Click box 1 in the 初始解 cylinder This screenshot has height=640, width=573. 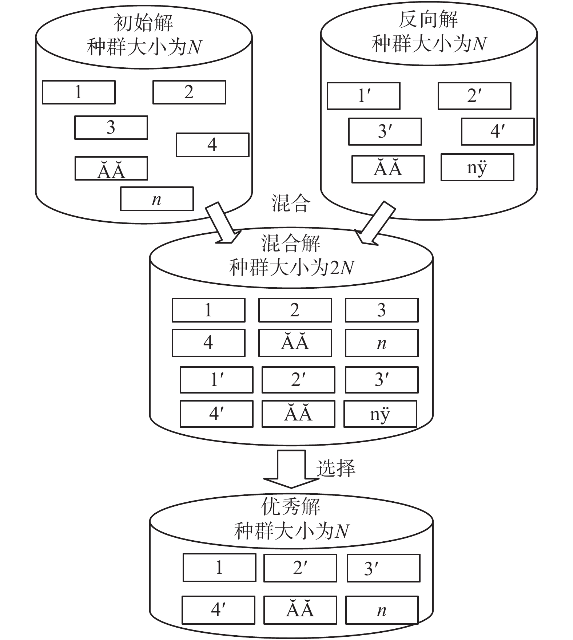[x=79, y=92]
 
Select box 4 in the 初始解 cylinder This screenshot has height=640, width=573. [x=212, y=145]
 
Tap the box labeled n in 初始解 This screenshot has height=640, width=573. [x=157, y=199]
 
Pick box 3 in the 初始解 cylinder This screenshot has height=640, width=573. [x=111, y=127]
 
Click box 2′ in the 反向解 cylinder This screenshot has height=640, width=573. [x=474, y=96]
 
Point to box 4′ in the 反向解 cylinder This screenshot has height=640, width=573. [x=498, y=131]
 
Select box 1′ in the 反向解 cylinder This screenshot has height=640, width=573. [x=363, y=96]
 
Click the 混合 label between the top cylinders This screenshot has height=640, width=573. [x=290, y=203]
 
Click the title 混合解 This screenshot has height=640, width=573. [x=291, y=243]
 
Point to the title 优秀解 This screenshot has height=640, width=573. [x=291, y=506]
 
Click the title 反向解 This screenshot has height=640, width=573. [x=428, y=20]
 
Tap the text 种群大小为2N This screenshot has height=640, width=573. [x=291, y=268]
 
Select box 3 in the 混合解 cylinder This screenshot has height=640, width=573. [x=382, y=310]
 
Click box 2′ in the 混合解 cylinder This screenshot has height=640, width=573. [x=298, y=380]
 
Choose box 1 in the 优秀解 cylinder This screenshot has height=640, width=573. [x=219, y=568]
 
